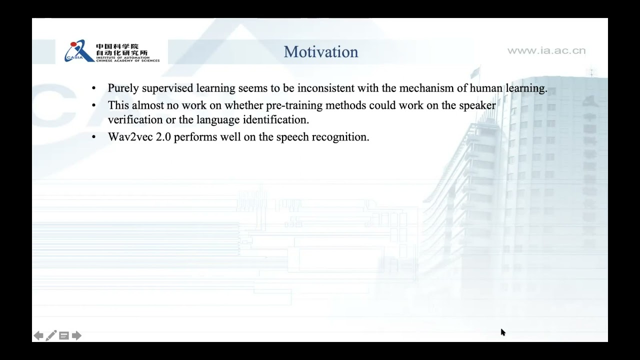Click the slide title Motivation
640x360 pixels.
tap(321, 52)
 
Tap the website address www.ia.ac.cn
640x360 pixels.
tap(546, 50)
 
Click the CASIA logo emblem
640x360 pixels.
tap(78, 52)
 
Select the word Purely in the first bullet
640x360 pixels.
tap(123, 88)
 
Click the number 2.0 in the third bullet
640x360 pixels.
tap(163, 137)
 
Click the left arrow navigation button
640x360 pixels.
tap(38, 335)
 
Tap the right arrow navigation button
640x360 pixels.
tap(76, 335)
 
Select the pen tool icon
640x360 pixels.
tap(51, 335)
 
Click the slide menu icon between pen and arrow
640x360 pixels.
tap(63, 335)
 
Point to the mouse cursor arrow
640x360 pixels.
tap(502, 332)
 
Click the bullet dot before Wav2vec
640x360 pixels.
tap(93, 137)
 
